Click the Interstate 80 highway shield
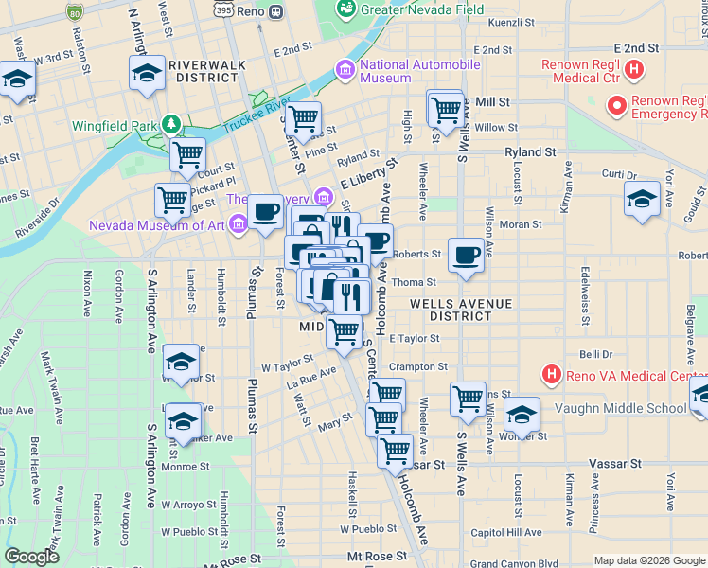(75, 11)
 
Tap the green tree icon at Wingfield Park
(171, 124)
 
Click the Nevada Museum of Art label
(156, 225)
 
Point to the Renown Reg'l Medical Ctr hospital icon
(635, 70)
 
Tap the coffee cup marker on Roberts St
(466, 255)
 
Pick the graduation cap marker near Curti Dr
(642, 199)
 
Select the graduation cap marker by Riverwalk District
(148, 74)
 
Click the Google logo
(31, 557)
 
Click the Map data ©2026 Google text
(649, 560)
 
